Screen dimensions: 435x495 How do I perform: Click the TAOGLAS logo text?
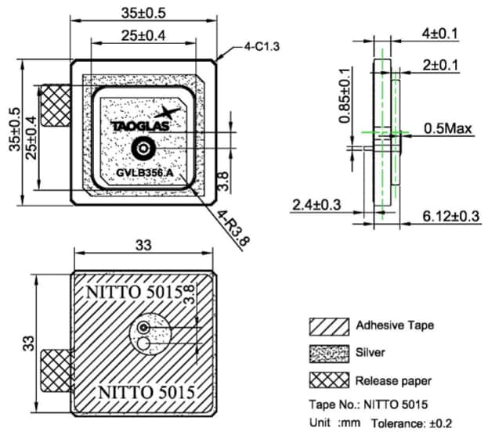(x=134, y=124)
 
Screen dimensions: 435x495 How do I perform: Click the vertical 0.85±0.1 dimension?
(x=345, y=96)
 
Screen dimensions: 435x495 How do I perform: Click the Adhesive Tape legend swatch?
(x=328, y=325)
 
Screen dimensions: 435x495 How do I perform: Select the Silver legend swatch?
(x=328, y=354)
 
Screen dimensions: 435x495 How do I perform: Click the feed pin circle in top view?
(x=143, y=147)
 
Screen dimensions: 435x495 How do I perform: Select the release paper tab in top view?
(x=55, y=106)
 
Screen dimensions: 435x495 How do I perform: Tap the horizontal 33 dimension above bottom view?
(x=143, y=246)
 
